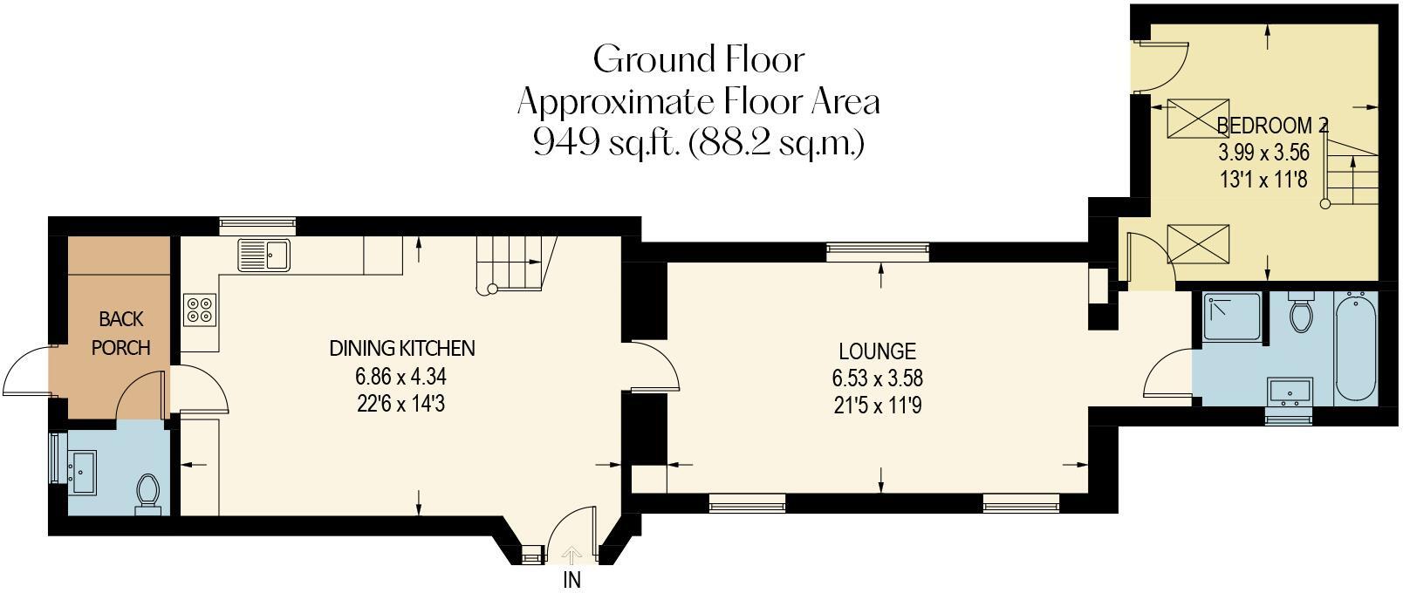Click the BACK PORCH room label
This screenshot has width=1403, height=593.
(120, 333)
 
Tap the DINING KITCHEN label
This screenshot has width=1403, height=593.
(401, 349)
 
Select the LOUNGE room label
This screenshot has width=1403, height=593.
(877, 351)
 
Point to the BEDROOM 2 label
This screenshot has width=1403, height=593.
(1271, 126)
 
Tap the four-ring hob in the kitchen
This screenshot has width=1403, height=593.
(198, 310)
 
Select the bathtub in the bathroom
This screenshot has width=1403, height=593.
(1355, 346)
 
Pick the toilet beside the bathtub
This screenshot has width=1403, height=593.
(1301, 313)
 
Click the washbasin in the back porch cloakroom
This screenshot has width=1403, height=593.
(84, 471)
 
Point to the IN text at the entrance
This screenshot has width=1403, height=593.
(571, 580)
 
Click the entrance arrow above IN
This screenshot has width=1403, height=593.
(571, 556)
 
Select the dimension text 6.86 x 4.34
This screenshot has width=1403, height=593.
(401, 377)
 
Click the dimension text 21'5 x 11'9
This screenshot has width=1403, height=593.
(877, 406)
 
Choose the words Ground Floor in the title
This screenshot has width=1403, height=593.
(698, 59)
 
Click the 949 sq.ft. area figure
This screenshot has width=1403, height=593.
(606, 142)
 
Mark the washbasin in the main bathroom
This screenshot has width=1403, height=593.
(1290, 392)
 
